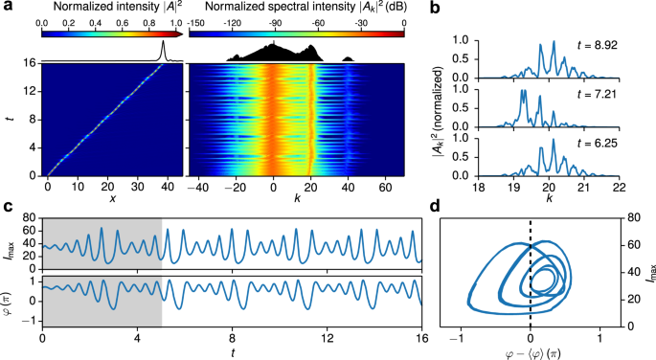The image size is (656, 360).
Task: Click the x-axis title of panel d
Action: pos(531,350)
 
